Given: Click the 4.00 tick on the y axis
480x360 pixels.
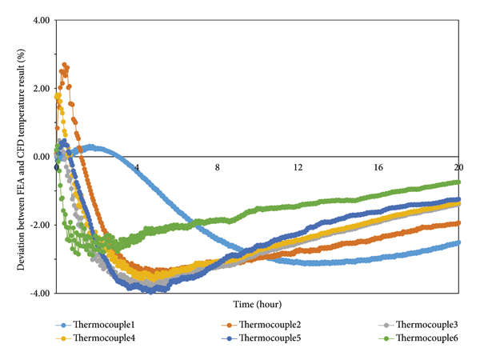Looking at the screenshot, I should tap(39, 19).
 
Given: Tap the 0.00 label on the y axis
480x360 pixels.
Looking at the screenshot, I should tap(39, 156).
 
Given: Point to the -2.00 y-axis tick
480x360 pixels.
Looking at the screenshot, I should tap(38, 225).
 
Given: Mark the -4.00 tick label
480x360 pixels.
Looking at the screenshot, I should tap(38, 293).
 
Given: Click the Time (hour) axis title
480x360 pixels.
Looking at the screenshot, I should tap(258, 305).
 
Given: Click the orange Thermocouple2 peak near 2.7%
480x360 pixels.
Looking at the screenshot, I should tap(65, 65).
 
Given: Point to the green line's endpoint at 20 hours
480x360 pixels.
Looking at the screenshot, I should tap(458, 182).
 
